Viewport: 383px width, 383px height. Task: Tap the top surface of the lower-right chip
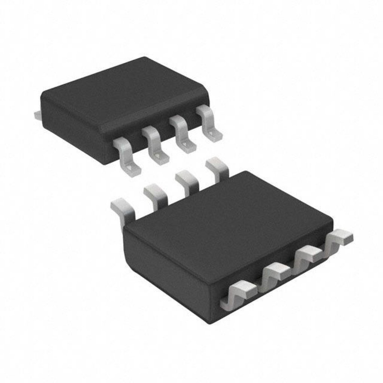(x=228, y=221)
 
